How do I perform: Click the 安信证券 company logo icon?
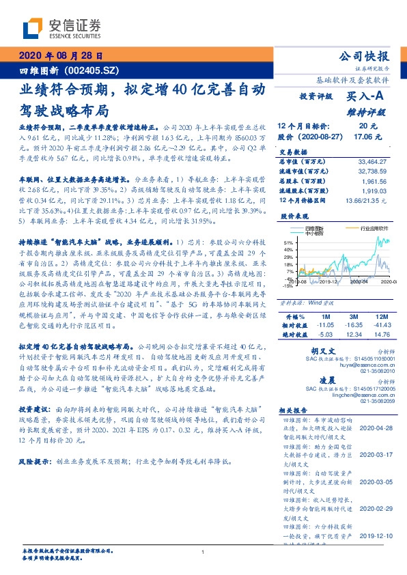pos(32,28)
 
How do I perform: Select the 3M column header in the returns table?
pos(353,318)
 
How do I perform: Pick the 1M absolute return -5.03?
pos(324,335)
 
